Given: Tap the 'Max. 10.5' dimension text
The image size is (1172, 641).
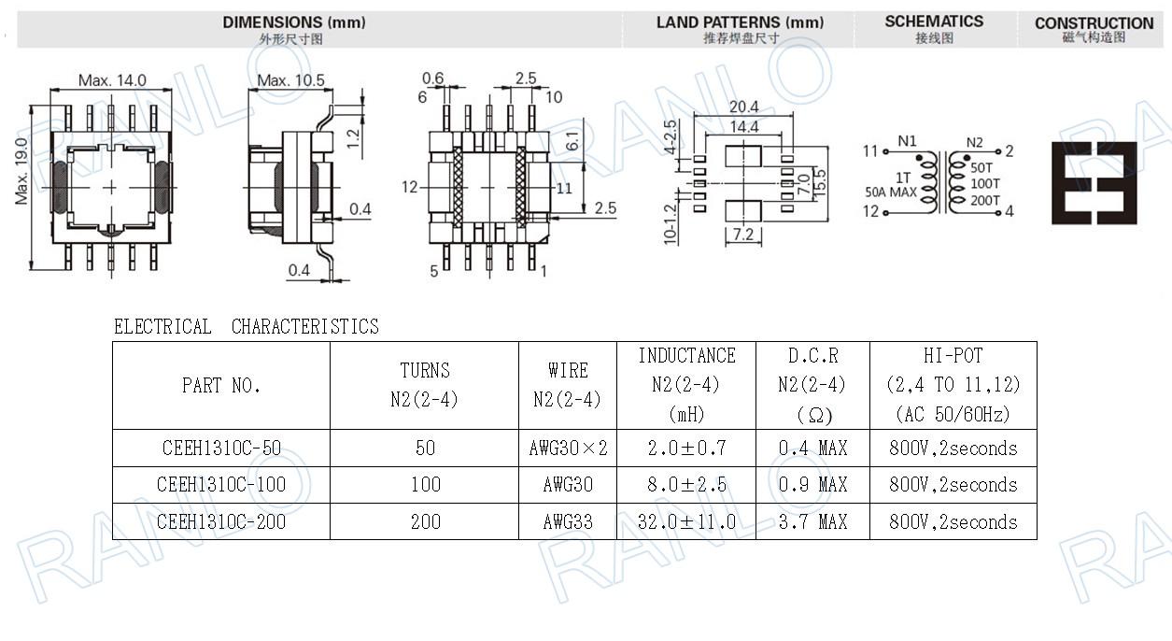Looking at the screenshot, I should (290, 81).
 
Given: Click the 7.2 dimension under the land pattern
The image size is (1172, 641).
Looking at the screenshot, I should (742, 235).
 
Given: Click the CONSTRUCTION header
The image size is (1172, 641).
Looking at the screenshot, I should (1094, 23).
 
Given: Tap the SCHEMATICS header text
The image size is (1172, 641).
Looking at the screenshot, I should (934, 21).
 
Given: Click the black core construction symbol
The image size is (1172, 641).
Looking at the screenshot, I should (1094, 183).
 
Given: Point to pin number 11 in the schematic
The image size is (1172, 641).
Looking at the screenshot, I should (870, 150).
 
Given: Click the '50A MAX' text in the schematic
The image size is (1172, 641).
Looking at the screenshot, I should (892, 192).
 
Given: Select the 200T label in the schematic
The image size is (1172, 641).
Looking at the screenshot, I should (984, 200).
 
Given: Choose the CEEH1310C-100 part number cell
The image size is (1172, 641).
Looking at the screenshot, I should (221, 485).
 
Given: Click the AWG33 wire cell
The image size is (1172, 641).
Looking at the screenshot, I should (568, 521).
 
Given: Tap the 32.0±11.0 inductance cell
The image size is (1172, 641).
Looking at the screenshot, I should (686, 521).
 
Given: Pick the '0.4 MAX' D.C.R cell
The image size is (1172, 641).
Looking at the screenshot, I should (813, 449).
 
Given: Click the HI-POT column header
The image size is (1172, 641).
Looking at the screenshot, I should (953, 384).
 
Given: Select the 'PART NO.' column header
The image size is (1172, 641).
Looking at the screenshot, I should (221, 385).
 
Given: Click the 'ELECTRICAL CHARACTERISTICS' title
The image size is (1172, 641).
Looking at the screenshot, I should (247, 327).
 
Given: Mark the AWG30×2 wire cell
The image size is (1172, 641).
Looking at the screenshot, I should (568, 449).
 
